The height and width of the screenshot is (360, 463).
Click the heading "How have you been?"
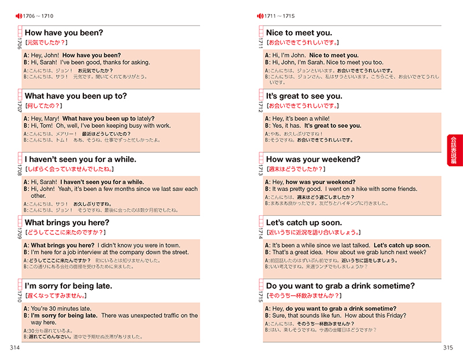coord(64,33)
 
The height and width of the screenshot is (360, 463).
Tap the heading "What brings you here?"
coord(67,223)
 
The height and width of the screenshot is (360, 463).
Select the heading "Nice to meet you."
coord(299,33)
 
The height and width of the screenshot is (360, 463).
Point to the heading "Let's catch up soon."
coord(304,223)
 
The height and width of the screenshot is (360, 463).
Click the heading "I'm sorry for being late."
coord(68,286)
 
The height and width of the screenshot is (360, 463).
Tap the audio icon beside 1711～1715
coord(259,15)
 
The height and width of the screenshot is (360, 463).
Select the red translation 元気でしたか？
coord(46,43)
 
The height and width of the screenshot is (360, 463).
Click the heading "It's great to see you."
coord(304,96)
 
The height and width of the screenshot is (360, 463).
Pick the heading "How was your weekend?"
coord(313,159)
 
